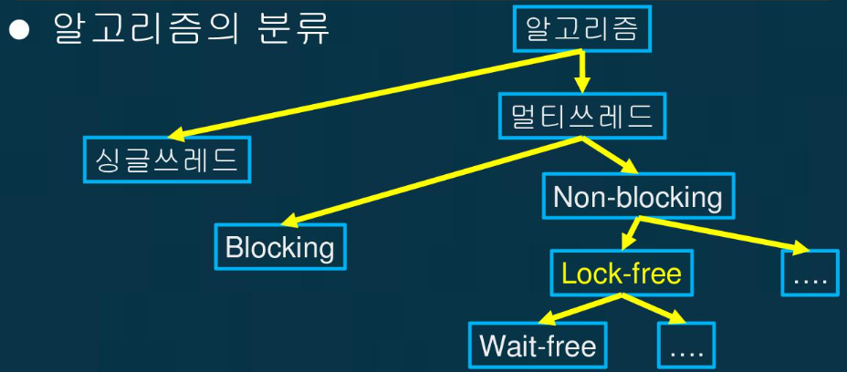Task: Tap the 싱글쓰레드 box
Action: tap(167, 160)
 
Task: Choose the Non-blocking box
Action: tap(637, 196)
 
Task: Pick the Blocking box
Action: tap(280, 246)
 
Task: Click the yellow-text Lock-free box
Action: tap(621, 273)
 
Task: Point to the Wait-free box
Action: tap(538, 345)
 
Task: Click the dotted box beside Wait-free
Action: tap(686, 346)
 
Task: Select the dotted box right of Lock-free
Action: tap(810, 272)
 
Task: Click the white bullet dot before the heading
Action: tap(20, 30)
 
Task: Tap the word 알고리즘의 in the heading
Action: tap(137, 29)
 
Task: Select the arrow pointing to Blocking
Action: tap(429, 180)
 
